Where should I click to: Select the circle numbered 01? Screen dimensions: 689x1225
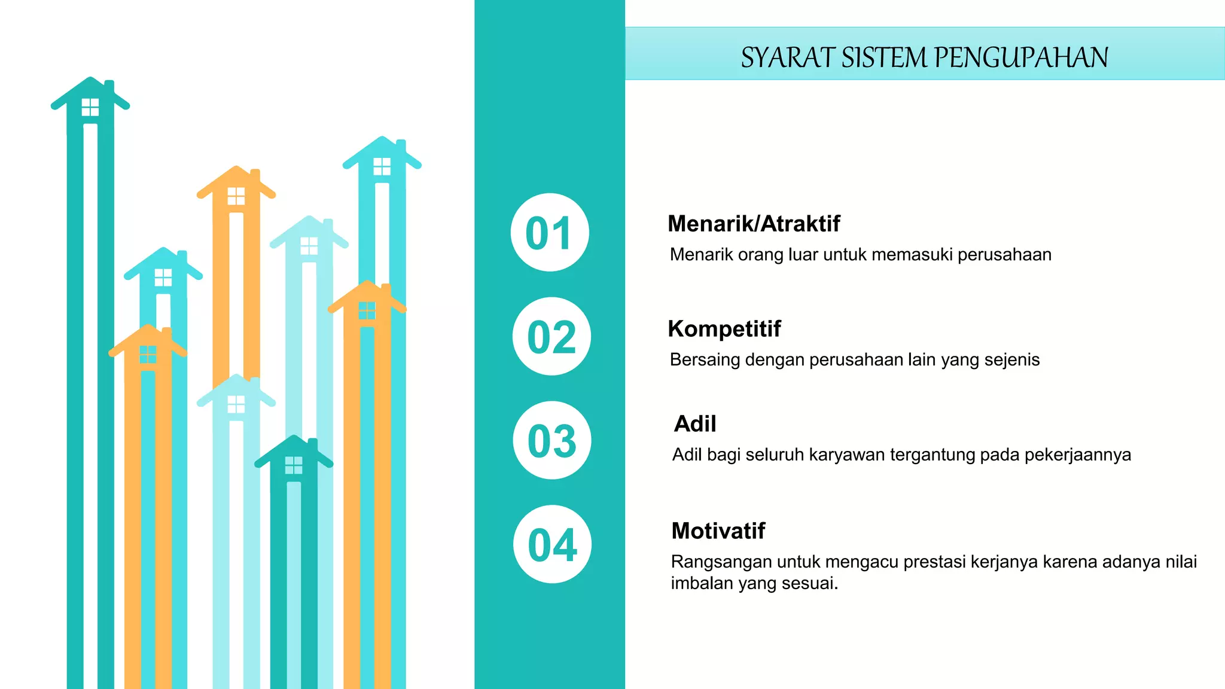point(550,233)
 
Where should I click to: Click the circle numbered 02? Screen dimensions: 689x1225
point(551,337)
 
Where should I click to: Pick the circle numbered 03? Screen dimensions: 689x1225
point(552,441)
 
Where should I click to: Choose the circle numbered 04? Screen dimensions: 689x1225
point(553,544)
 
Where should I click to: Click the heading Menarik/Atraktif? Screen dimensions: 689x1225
point(754,224)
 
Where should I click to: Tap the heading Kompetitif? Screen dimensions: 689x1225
point(724,328)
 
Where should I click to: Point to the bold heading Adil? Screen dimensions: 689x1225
point(695,423)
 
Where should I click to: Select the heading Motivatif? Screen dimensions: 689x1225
point(718,531)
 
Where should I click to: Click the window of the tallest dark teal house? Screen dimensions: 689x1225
point(90,107)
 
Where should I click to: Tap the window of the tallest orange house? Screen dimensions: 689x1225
point(236,196)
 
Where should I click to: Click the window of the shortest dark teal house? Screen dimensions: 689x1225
point(294,465)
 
